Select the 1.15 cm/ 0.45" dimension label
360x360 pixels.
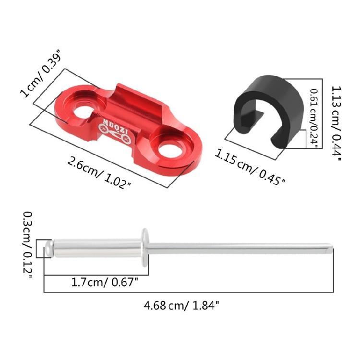click(x=250, y=167)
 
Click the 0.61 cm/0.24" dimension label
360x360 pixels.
click(x=313, y=118)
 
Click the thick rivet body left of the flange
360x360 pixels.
click(x=96, y=248)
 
